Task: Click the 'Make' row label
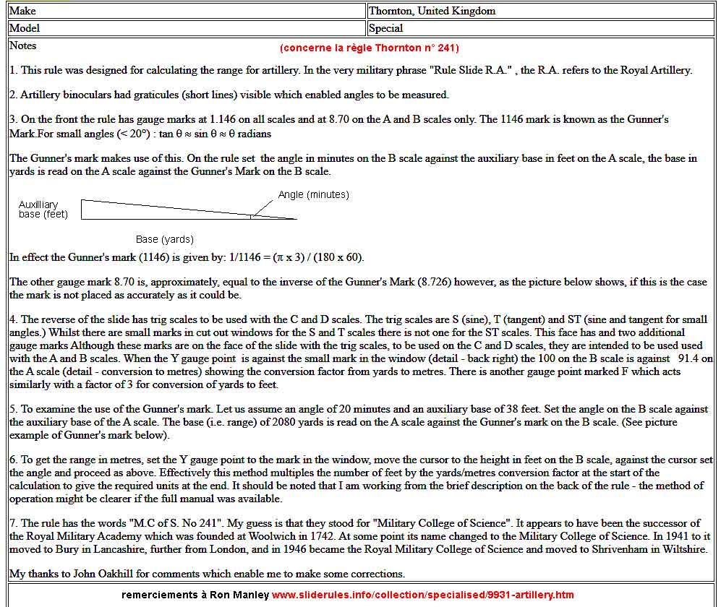[x=22, y=11]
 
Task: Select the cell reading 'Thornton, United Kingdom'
[x=432, y=11]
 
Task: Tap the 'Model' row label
[x=25, y=28]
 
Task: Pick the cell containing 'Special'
[x=385, y=28]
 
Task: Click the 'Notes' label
[x=23, y=46]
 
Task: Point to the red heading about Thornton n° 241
[x=369, y=48]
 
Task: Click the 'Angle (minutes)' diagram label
[x=313, y=194]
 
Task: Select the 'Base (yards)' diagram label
[x=165, y=239]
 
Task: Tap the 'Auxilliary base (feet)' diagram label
[x=43, y=209]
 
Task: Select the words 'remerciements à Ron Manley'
[x=195, y=595]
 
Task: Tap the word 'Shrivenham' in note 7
[x=595, y=549]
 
